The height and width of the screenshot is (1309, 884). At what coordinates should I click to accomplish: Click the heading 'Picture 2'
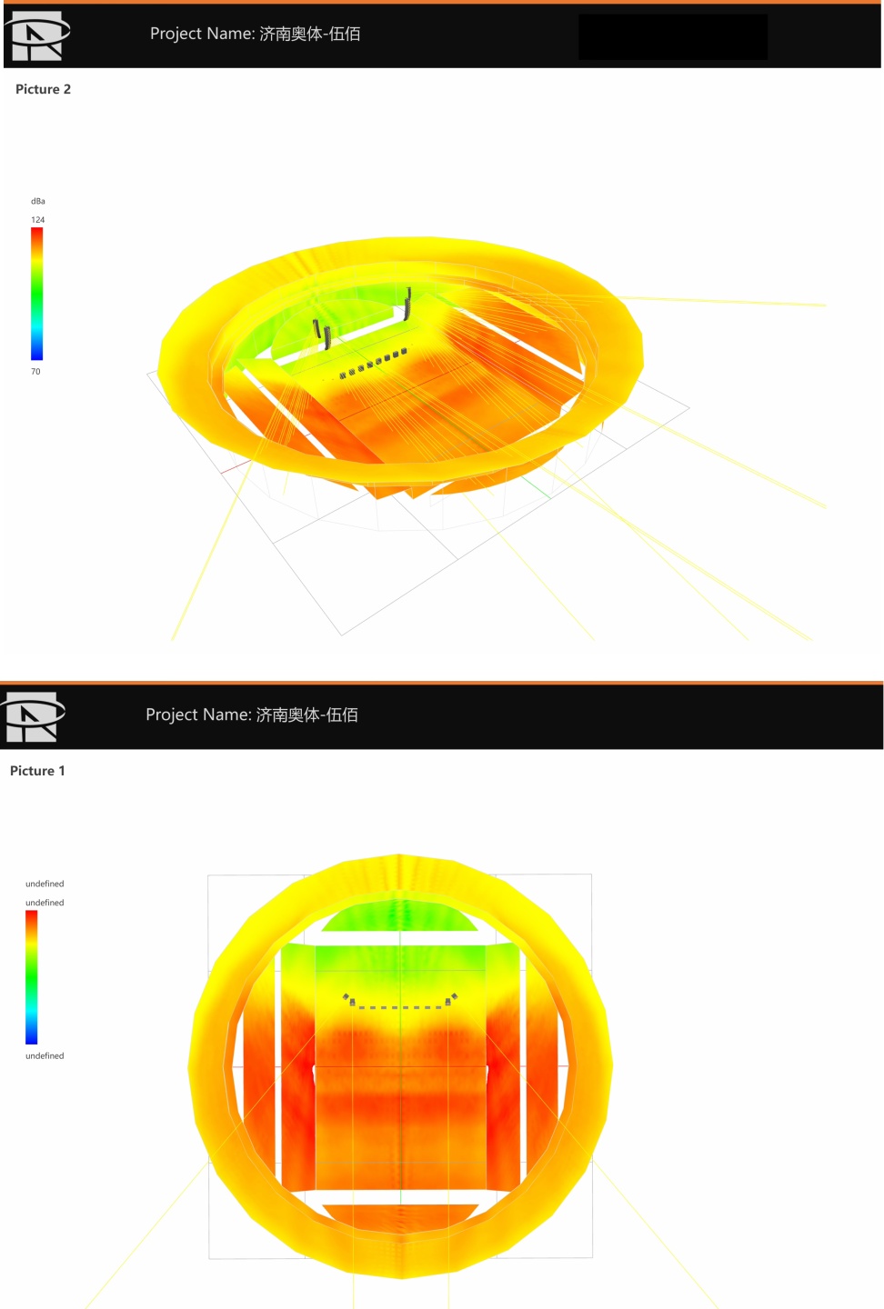point(43,89)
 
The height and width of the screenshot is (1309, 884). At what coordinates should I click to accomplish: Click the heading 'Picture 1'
point(37,771)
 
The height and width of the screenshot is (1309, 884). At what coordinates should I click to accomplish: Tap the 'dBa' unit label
point(38,201)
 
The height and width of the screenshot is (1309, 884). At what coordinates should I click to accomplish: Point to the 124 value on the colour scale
point(38,220)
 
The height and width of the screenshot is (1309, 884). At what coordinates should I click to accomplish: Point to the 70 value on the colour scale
point(35,372)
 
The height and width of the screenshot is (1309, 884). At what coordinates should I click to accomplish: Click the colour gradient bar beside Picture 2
point(36,294)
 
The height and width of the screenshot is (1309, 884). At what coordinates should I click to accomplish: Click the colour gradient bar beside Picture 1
point(32,977)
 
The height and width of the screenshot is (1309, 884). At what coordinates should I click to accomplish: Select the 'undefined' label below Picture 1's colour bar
point(45,1055)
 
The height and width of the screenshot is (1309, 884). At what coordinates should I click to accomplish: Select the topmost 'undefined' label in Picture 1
point(45,884)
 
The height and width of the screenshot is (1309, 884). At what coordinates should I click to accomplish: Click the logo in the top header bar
point(37,35)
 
